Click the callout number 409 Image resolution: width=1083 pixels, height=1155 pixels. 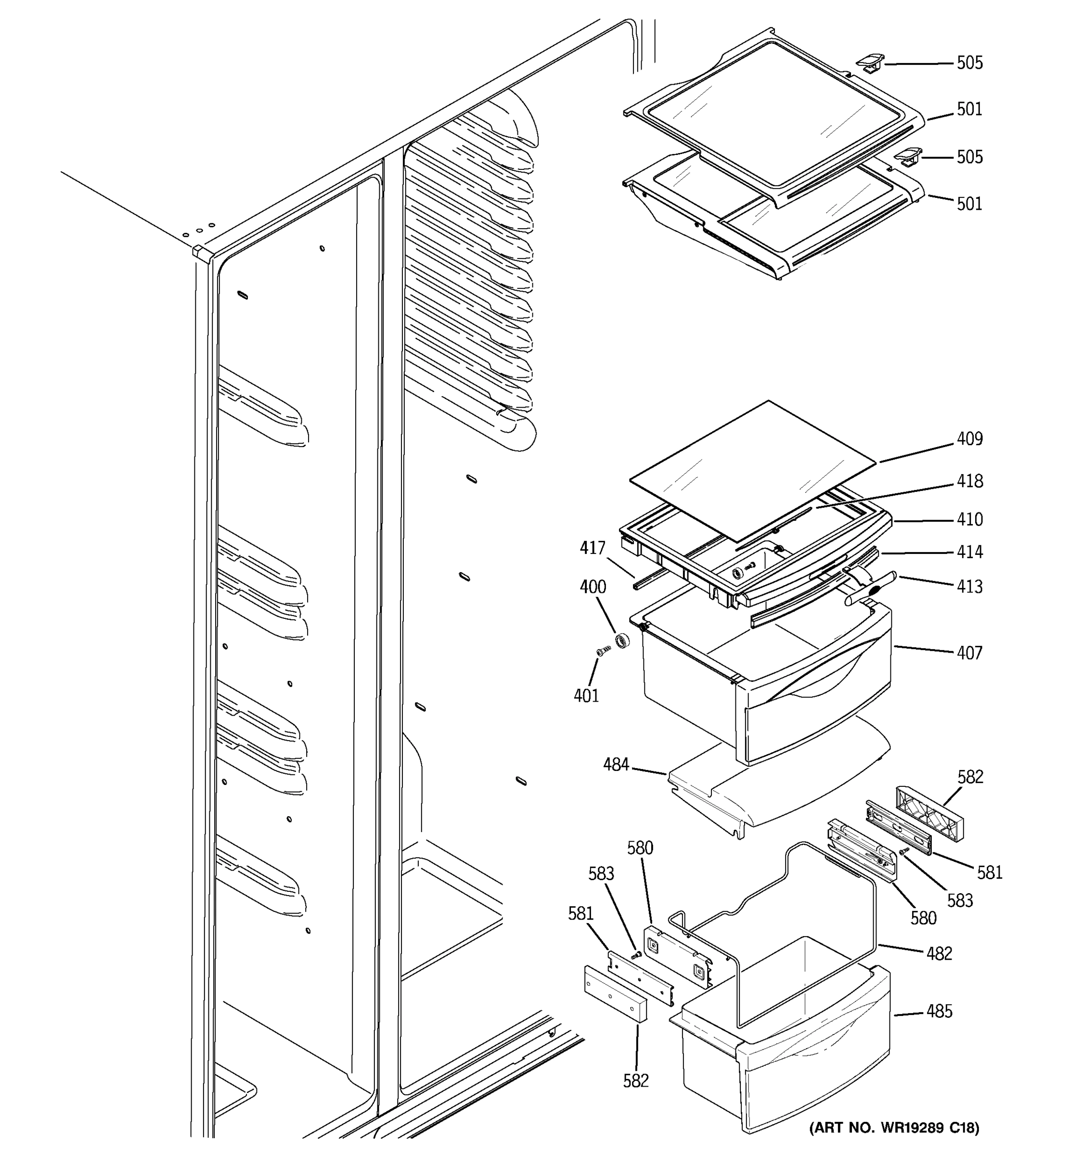click(970, 438)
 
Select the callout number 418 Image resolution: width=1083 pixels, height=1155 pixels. click(970, 481)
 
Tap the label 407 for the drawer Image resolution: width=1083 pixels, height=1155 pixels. click(970, 653)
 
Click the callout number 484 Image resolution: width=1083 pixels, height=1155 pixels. click(616, 765)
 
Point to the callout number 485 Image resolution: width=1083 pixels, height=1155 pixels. click(940, 1012)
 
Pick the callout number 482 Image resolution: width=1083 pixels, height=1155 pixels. click(940, 953)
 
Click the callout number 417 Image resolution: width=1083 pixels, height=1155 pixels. click(593, 548)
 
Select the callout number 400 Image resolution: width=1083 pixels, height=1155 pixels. click(593, 587)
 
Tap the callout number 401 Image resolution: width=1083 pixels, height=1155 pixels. click(586, 695)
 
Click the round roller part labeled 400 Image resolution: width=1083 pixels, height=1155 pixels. click(623, 641)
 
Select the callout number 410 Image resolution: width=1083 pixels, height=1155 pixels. click(970, 519)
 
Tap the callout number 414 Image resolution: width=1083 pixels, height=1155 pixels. click(970, 552)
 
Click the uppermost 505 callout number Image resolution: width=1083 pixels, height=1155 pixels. click(970, 63)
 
